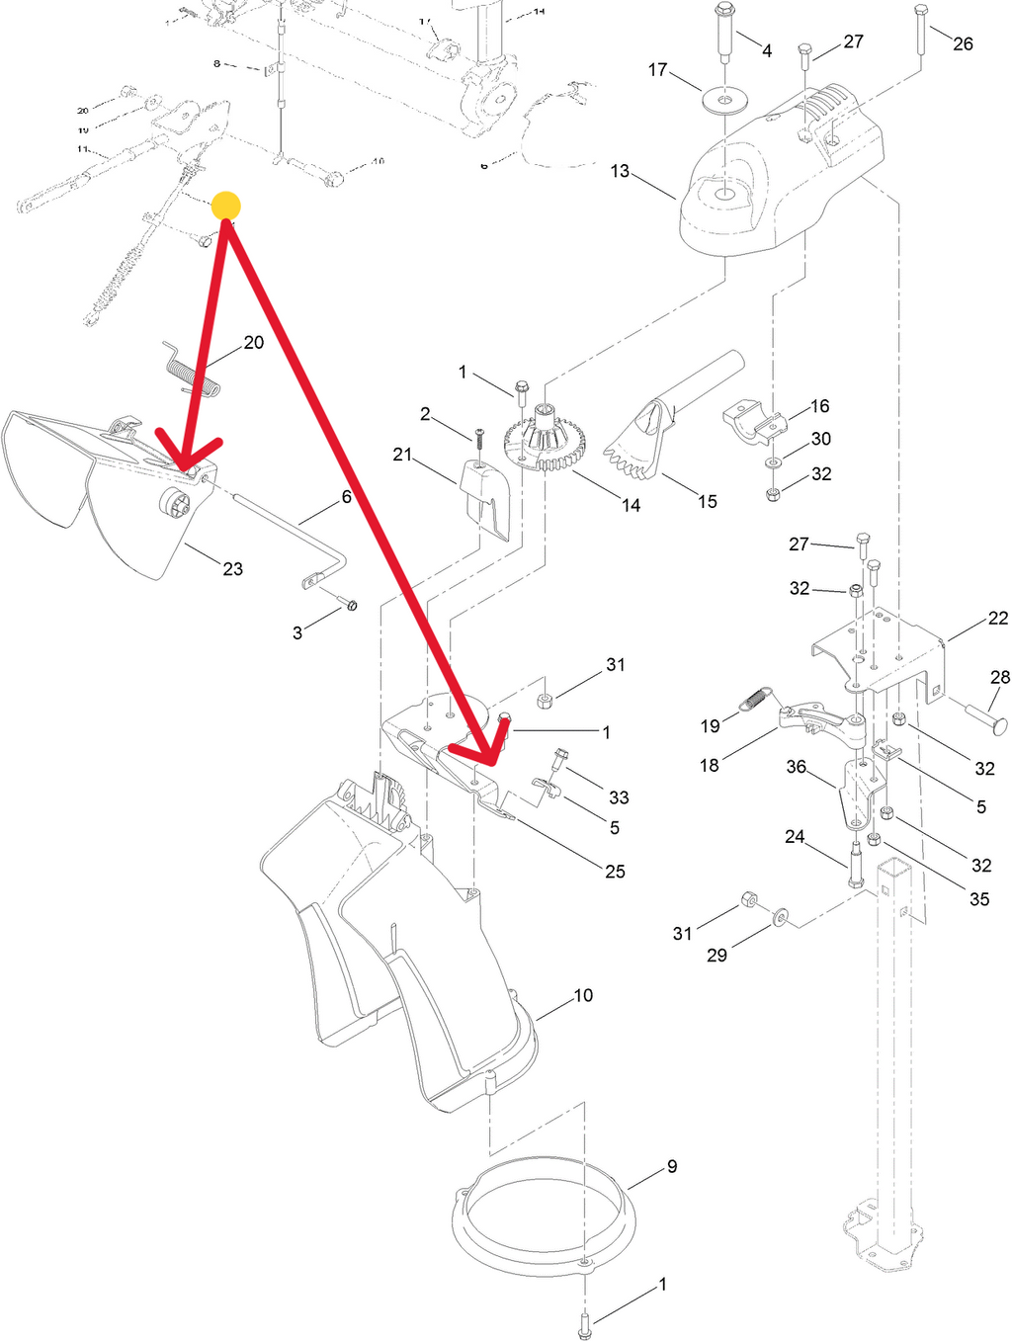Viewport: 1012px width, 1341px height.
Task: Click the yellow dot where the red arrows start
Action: pyautogui.click(x=226, y=206)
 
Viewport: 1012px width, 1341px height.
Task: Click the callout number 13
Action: pyautogui.click(x=620, y=171)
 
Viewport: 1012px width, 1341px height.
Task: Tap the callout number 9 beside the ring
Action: pyautogui.click(x=672, y=1166)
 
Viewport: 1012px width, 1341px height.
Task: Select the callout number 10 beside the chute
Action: pyautogui.click(x=583, y=995)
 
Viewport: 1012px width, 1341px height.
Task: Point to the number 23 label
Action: pyautogui.click(x=232, y=568)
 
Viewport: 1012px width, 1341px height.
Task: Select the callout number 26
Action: pyautogui.click(x=963, y=43)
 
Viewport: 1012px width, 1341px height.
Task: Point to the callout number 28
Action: pyautogui.click(x=1000, y=677)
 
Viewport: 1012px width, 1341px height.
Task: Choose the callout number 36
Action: pyautogui.click(x=796, y=767)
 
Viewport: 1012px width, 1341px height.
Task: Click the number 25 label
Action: pyautogui.click(x=615, y=871)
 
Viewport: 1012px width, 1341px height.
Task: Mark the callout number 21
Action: pyautogui.click(x=402, y=455)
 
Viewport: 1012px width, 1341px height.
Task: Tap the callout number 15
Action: pyautogui.click(x=707, y=501)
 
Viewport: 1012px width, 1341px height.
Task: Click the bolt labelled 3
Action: pyautogui.click(x=347, y=603)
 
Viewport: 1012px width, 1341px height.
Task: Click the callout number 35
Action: pyautogui.click(x=978, y=898)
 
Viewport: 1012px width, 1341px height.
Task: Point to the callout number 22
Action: pyautogui.click(x=998, y=618)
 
